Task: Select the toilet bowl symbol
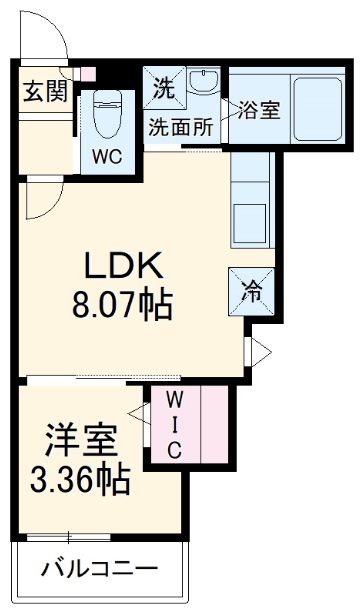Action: point(105,117)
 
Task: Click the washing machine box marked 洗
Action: point(163,87)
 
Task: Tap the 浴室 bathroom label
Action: point(258,111)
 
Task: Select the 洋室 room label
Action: point(80,440)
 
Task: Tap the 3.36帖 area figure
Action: point(80,481)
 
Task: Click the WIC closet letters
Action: point(172,424)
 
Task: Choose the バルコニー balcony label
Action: point(99,569)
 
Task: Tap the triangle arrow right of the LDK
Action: point(259,351)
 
